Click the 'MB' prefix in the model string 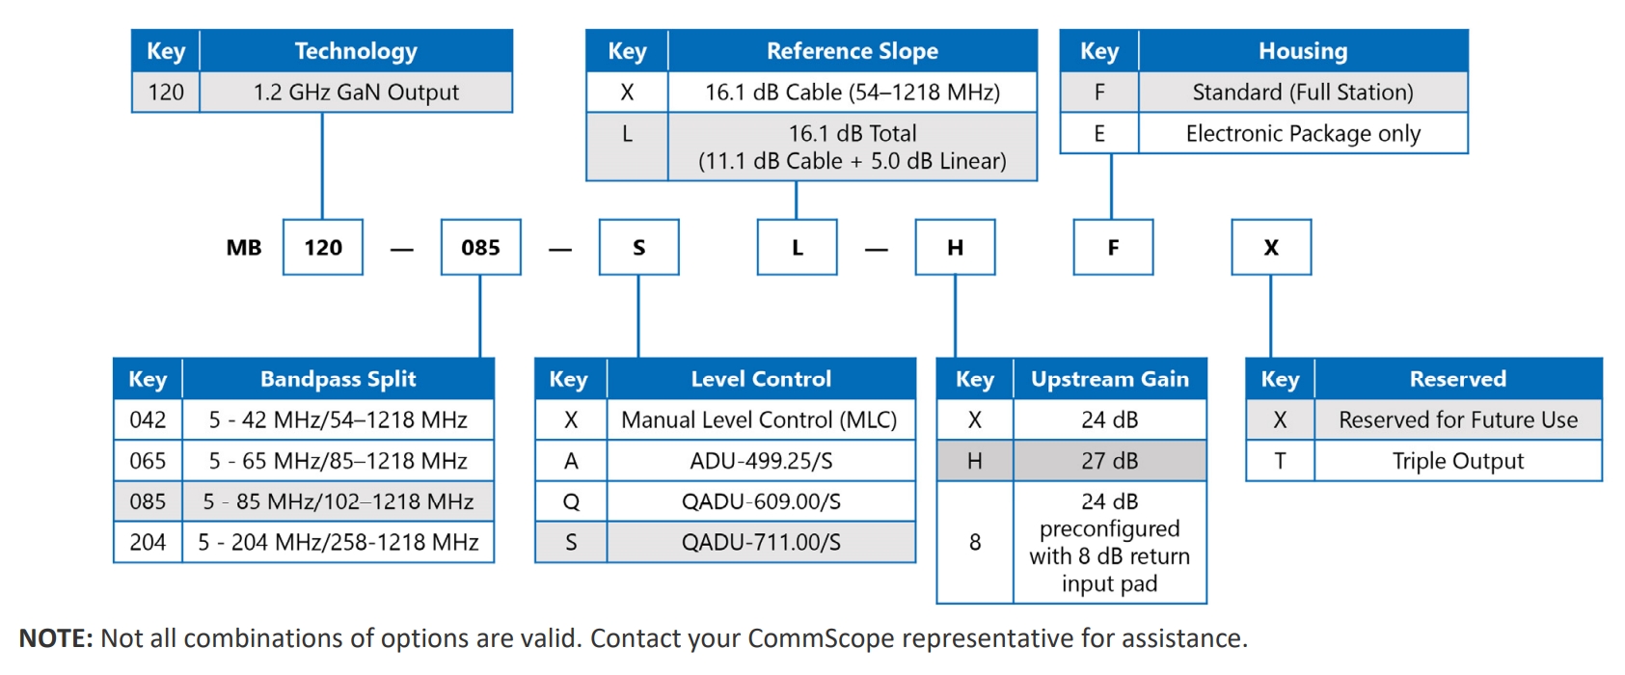click(x=244, y=248)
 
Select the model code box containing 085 click(x=481, y=247)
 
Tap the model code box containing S click(x=639, y=247)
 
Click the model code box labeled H click(x=956, y=247)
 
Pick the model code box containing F click(x=1114, y=247)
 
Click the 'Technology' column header click(x=356, y=51)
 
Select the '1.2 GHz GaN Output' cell click(x=356, y=92)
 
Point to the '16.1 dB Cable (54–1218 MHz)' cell click(x=853, y=92)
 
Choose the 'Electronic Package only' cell click(x=1304, y=133)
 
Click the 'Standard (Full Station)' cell click(x=1304, y=92)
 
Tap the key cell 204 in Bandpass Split click(x=148, y=542)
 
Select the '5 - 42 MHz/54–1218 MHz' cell click(x=339, y=419)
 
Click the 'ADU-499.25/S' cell click(x=761, y=461)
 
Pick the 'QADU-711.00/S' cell click(x=761, y=542)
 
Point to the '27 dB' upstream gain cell click(x=1110, y=461)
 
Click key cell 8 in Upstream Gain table click(x=975, y=542)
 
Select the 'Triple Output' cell click(x=1458, y=461)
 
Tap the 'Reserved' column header click(x=1458, y=379)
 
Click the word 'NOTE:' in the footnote click(x=56, y=638)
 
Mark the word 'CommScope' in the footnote click(x=821, y=638)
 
